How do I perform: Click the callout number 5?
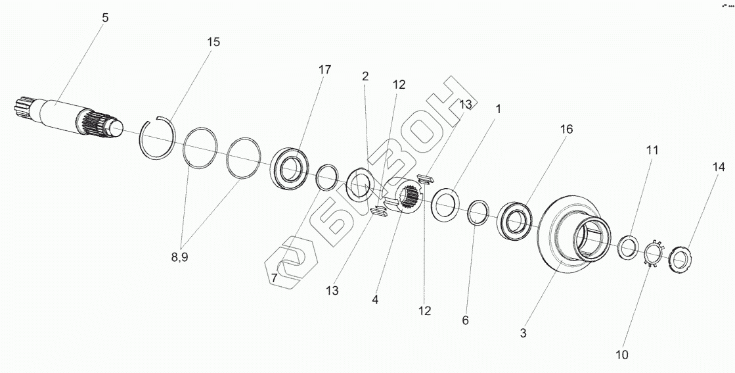(105, 18)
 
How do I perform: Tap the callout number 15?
(213, 42)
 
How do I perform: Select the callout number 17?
(324, 70)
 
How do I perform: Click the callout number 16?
(566, 130)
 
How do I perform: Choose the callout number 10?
(621, 355)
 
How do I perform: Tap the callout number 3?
(523, 333)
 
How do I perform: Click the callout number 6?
(465, 320)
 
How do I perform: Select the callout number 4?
(375, 299)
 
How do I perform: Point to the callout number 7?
(274, 278)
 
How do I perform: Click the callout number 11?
(652, 150)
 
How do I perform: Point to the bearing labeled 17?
(289, 169)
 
